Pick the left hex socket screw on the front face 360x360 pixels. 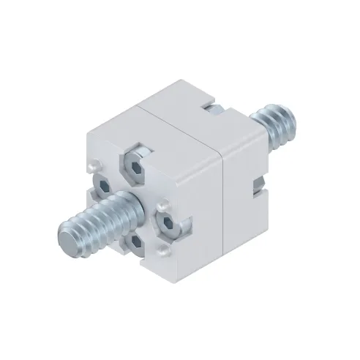pyautogui.click(x=102, y=187)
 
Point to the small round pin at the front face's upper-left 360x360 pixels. pyautogui.click(x=94, y=168)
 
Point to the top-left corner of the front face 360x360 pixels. pyautogui.click(x=87, y=132)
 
